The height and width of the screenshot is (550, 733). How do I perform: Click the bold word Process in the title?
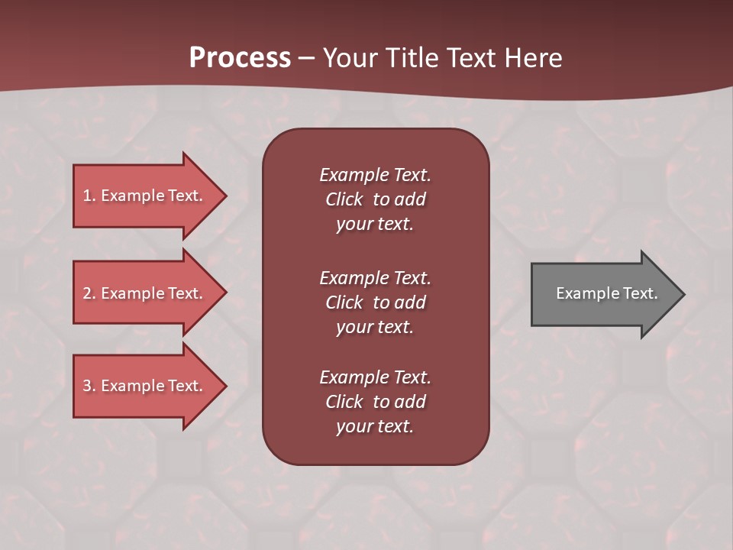click(240, 58)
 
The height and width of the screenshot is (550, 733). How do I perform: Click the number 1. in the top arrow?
click(89, 196)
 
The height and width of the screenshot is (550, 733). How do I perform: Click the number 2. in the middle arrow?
click(89, 293)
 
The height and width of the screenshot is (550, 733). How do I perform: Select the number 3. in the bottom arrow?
click(89, 386)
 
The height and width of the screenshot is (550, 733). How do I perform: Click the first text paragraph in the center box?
click(375, 199)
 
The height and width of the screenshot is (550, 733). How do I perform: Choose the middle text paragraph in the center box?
click(375, 302)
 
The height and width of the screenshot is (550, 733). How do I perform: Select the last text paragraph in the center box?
click(375, 402)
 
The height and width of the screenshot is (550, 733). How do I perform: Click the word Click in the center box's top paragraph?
click(344, 199)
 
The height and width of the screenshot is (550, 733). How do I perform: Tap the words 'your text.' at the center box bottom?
click(375, 426)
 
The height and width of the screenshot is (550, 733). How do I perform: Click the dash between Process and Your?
click(306, 59)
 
